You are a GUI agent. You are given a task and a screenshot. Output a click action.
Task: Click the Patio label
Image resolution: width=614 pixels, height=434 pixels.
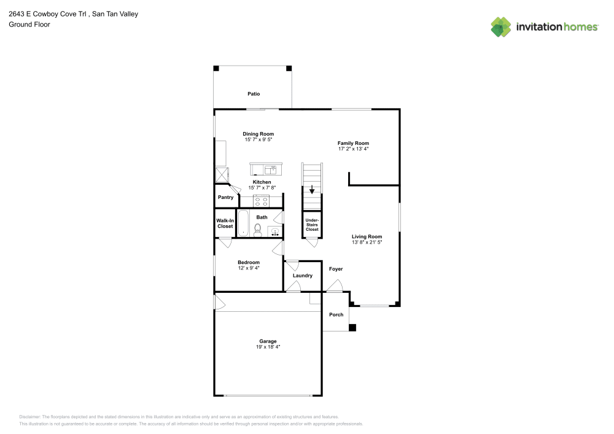point(254,94)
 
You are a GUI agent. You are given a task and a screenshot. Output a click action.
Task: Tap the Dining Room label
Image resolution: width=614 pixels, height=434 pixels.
point(258,134)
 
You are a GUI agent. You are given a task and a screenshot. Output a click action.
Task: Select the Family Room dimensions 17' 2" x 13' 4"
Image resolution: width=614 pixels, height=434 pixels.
point(353,149)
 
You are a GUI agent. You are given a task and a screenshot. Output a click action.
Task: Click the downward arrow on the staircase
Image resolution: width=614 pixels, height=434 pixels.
point(311,189)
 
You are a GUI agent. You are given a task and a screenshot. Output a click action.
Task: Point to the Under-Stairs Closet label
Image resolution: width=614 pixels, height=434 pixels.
point(312,224)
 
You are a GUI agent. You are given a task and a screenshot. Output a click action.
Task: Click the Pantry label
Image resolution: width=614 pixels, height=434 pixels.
point(225,197)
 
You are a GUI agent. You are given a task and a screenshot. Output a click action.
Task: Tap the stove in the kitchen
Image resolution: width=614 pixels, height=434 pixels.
point(262,200)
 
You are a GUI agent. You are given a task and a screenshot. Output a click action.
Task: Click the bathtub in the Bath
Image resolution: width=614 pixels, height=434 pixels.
point(243,223)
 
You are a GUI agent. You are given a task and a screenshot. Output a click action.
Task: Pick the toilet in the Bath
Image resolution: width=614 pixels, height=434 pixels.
point(258,230)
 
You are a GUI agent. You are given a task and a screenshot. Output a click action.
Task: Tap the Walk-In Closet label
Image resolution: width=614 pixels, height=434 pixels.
point(225,223)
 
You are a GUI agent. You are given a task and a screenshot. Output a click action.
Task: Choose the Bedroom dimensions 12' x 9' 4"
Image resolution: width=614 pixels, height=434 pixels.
point(249,268)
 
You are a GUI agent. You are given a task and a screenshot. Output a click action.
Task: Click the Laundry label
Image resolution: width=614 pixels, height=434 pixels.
point(302,276)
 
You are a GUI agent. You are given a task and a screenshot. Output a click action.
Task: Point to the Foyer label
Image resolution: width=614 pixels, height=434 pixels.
point(336,269)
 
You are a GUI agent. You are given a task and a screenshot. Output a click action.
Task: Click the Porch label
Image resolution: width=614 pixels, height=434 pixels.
point(336,315)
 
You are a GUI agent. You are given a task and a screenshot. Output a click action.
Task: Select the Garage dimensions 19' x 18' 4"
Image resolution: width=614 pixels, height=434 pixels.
point(268,347)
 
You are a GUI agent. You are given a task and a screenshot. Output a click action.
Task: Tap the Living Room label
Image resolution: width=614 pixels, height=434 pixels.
point(367,236)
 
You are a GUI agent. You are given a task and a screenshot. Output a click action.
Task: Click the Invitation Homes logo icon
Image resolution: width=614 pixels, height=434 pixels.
point(500,26)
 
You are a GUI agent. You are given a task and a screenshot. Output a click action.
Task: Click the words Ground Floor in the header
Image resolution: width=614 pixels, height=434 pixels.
point(29,25)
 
